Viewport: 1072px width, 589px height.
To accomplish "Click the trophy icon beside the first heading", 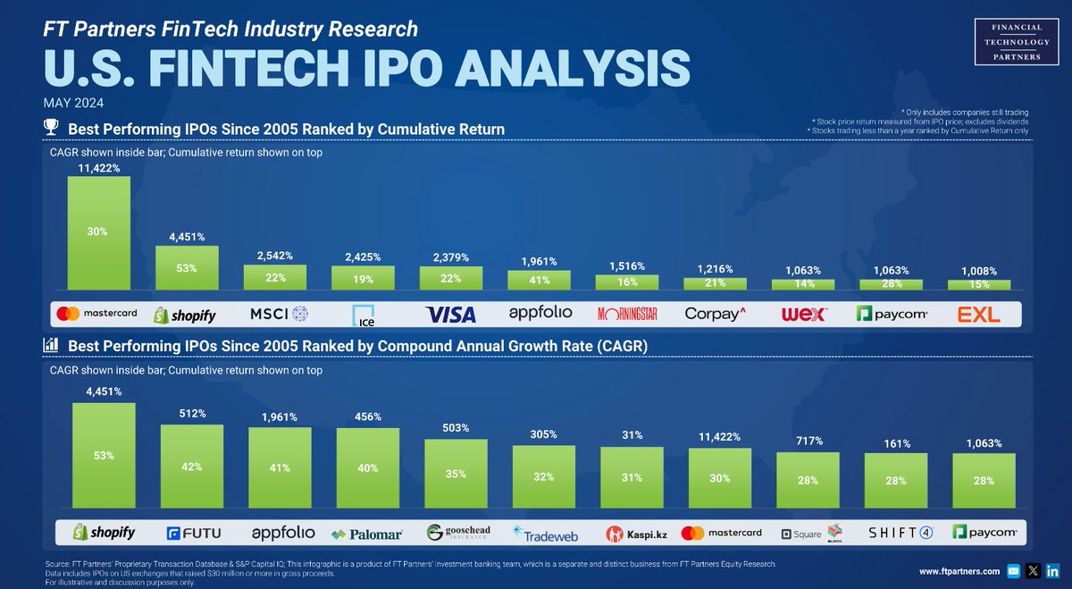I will tap(52, 129).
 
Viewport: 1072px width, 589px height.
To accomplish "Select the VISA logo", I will tap(449, 315).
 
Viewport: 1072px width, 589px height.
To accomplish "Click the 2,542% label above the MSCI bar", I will tap(275, 256).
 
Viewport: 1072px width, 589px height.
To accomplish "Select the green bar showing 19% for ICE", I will tap(362, 278).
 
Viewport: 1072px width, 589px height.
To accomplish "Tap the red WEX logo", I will tap(804, 315).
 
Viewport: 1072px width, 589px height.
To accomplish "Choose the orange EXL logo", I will tap(979, 315).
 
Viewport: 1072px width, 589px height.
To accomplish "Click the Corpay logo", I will tap(714, 315).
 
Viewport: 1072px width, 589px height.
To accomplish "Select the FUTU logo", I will tap(192, 534).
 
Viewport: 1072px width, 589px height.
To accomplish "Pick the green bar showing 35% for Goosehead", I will tap(456, 475).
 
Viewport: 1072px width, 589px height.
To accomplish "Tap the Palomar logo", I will tap(367, 534).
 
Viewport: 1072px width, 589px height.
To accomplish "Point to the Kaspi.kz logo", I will tap(632, 534).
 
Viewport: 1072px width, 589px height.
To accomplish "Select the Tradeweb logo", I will tap(544, 534).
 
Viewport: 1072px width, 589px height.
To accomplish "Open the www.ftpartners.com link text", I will tap(959, 570).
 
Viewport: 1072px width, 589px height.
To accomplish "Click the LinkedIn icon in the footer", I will tap(1052, 570).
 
